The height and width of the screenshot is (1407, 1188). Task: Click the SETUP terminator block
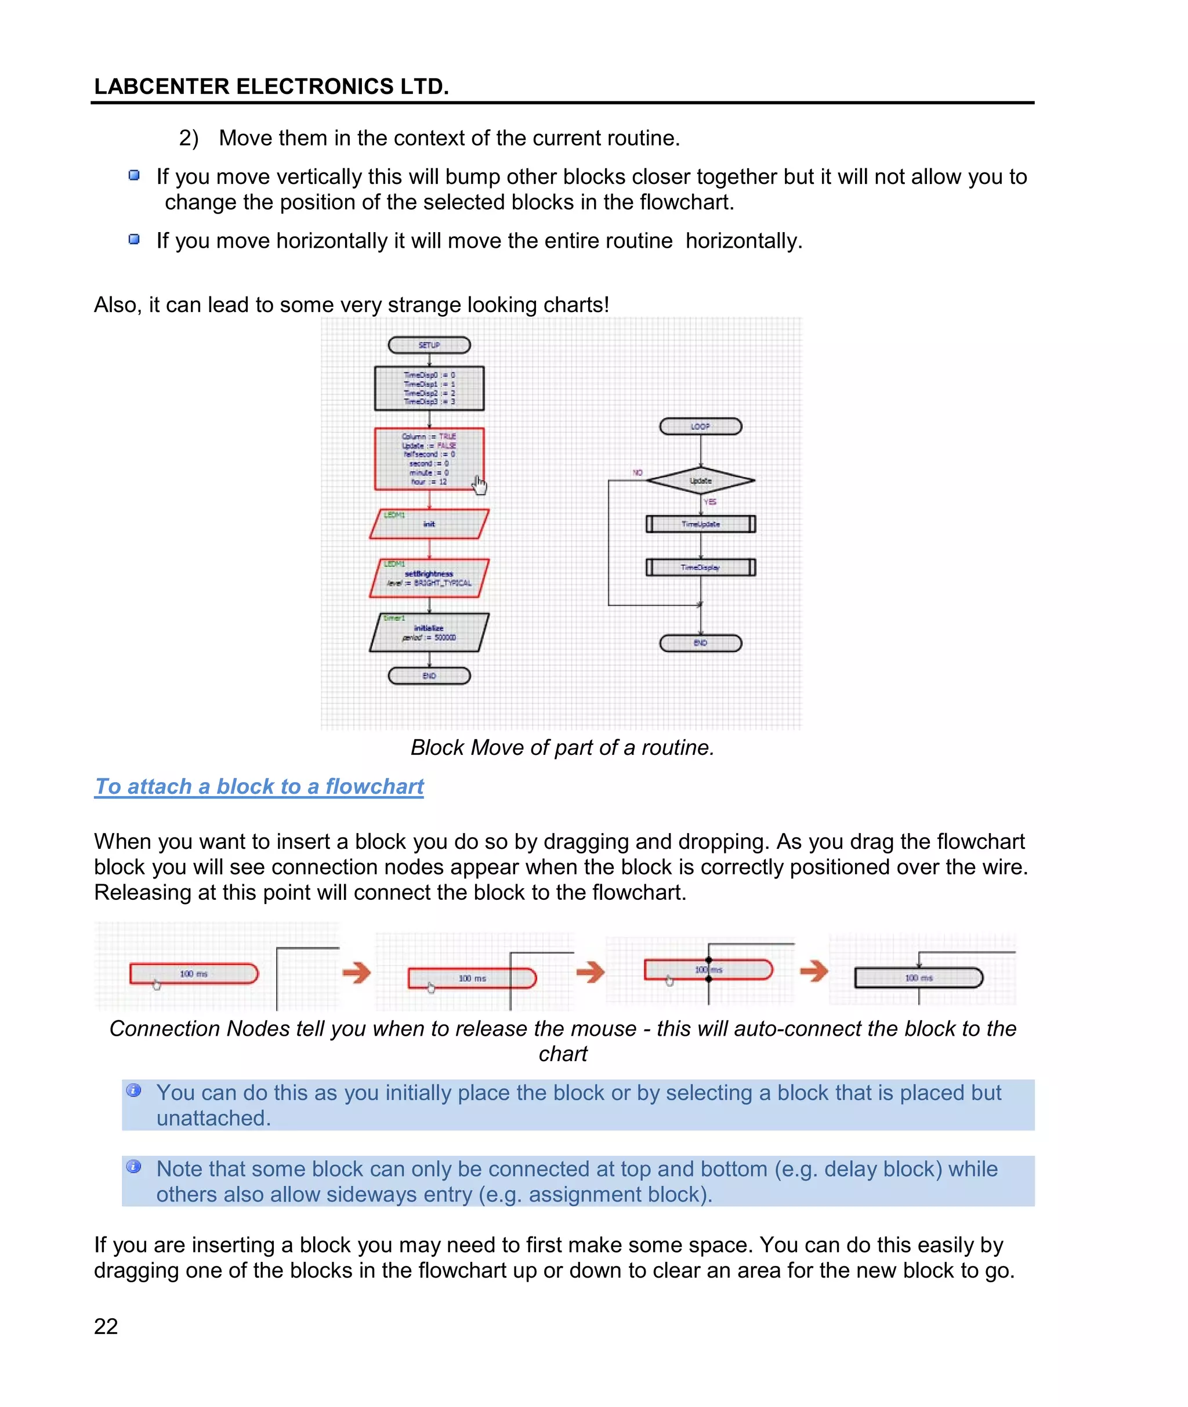coord(429,345)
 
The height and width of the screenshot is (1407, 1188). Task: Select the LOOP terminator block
coord(700,426)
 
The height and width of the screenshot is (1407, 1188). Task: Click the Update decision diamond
coord(700,480)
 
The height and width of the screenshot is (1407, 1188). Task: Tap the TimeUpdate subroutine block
coord(700,524)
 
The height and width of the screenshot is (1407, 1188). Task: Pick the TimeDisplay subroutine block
coord(700,567)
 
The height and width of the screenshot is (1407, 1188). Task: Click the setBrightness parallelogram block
coord(429,578)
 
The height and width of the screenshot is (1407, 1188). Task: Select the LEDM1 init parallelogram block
coord(429,524)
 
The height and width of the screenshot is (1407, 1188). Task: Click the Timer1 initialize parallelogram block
coord(429,632)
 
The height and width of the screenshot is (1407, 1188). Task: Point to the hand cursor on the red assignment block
coord(479,484)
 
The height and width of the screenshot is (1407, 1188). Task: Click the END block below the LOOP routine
coord(700,643)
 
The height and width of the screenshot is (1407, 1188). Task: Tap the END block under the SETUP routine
coord(429,675)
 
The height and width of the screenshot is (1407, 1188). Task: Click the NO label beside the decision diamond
coord(637,473)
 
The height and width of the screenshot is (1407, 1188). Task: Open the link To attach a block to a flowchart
coord(259,786)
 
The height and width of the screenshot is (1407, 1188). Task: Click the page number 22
coord(106,1326)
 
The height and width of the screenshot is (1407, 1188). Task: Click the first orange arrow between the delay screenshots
coord(356,972)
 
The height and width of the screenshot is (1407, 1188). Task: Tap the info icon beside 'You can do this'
coord(134,1090)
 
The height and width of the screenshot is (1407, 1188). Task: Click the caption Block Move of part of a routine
coord(562,748)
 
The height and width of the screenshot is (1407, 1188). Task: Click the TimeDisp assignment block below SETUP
coord(429,388)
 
